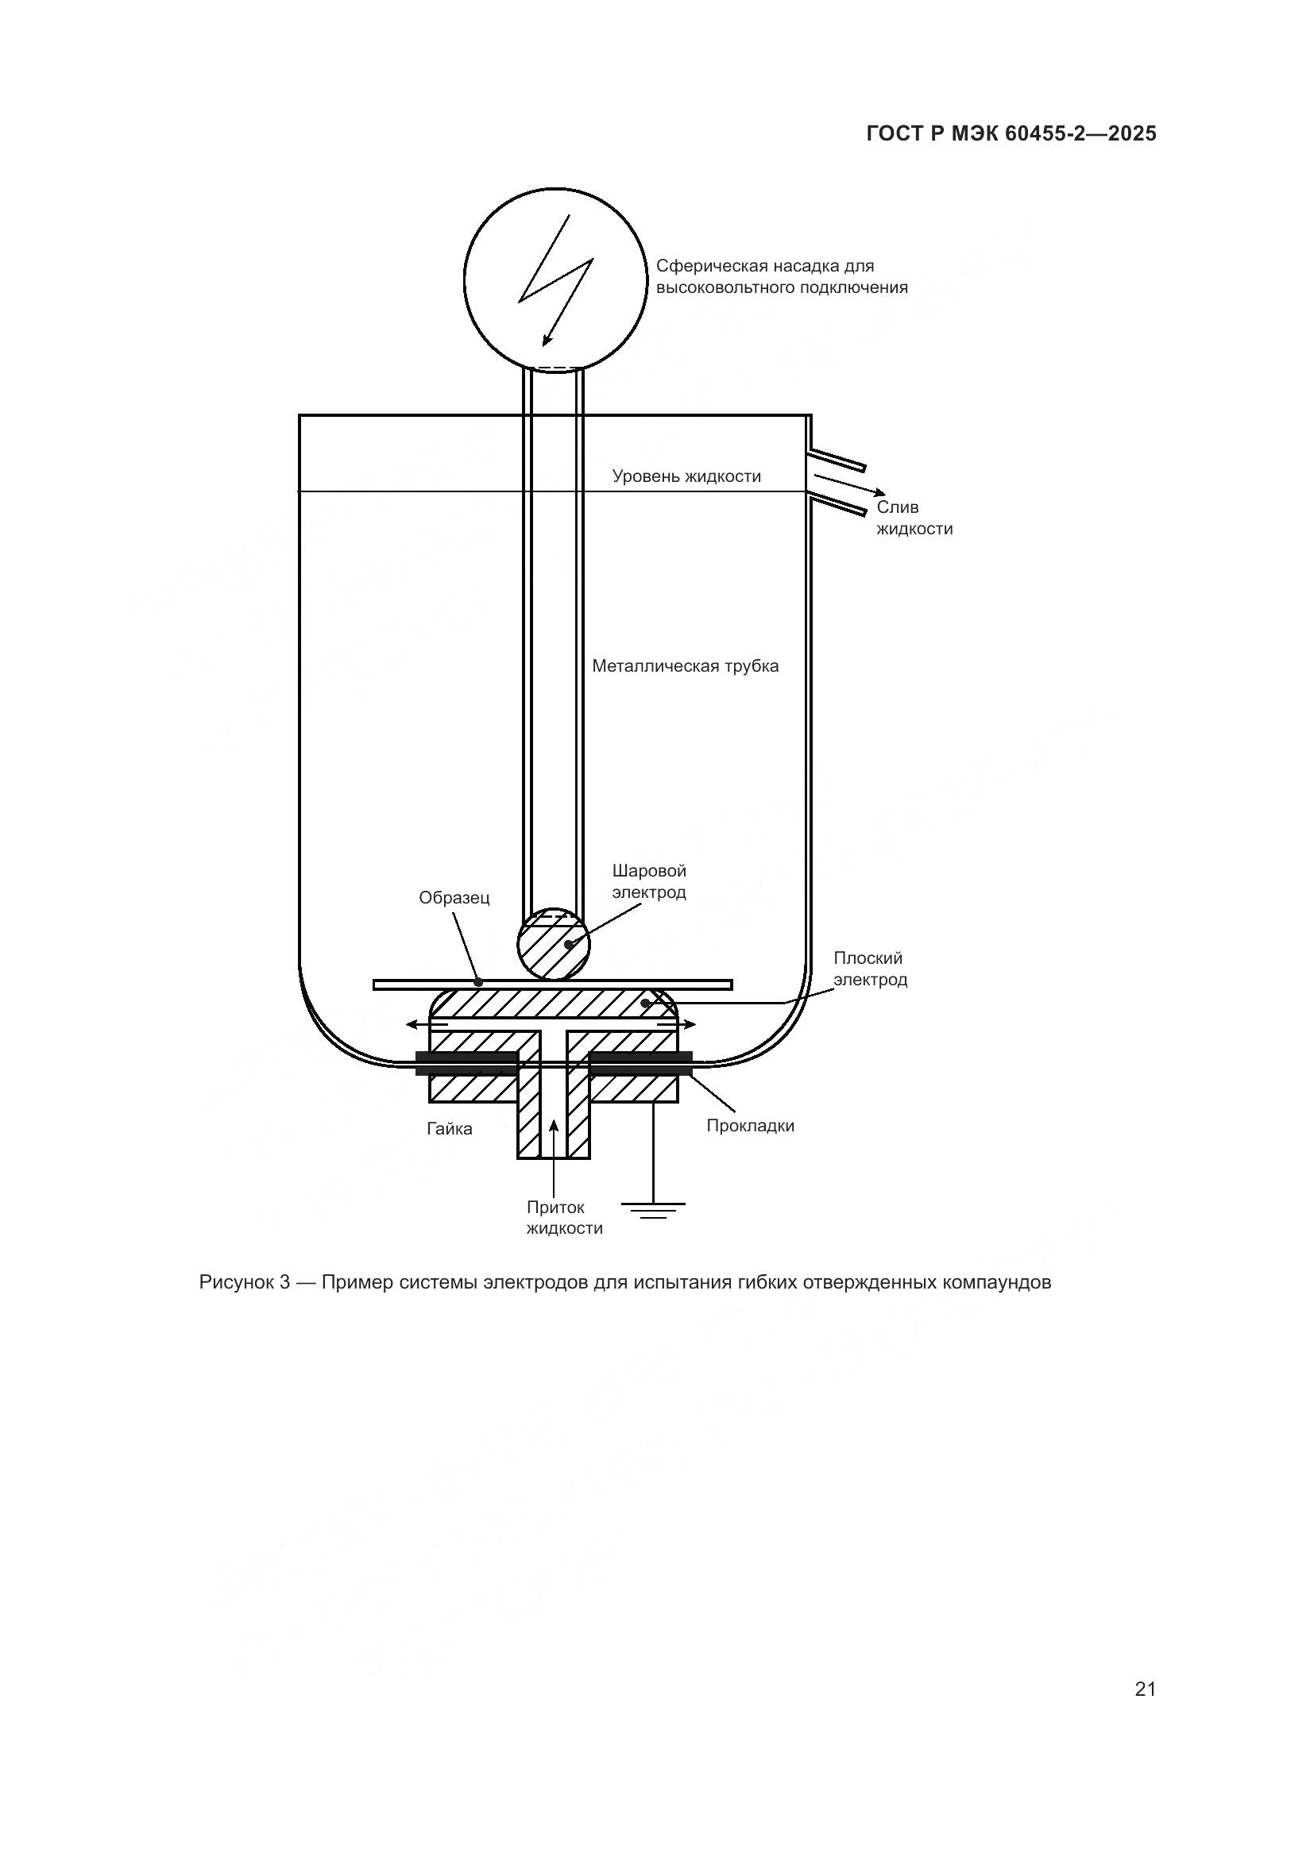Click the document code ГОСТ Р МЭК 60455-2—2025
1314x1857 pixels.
pyautogui.click(x=1011, y=133)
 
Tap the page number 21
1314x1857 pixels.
pyautogui.click(x=1145, y=1689)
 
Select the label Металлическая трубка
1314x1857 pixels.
pyautogui.click(x=685, y=665)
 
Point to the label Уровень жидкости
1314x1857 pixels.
pyautogui.click(x=686, y=476)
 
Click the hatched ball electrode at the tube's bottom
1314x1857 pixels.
pyautogui.click(x=554, y=944)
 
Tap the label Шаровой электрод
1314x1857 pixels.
pyautogui.click(x=649, y=881)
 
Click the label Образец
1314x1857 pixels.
pyautogui.click(x=454, y=898)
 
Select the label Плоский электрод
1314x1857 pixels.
pyautogui.click(x=870, y=969)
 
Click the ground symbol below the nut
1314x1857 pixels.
pyautogui.click(x=653, y=1210)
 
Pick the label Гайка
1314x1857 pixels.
pyautogui.click(x=449, y=1129)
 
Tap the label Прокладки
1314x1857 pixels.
pyautogui.click(x=750, y=1126)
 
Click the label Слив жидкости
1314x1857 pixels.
pyautogui.click(x=914, y=518)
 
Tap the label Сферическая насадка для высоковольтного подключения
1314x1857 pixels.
pyautogui.click(x=781, y=276)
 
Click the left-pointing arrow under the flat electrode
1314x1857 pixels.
pyautogui.click(x=425, y=1025)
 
